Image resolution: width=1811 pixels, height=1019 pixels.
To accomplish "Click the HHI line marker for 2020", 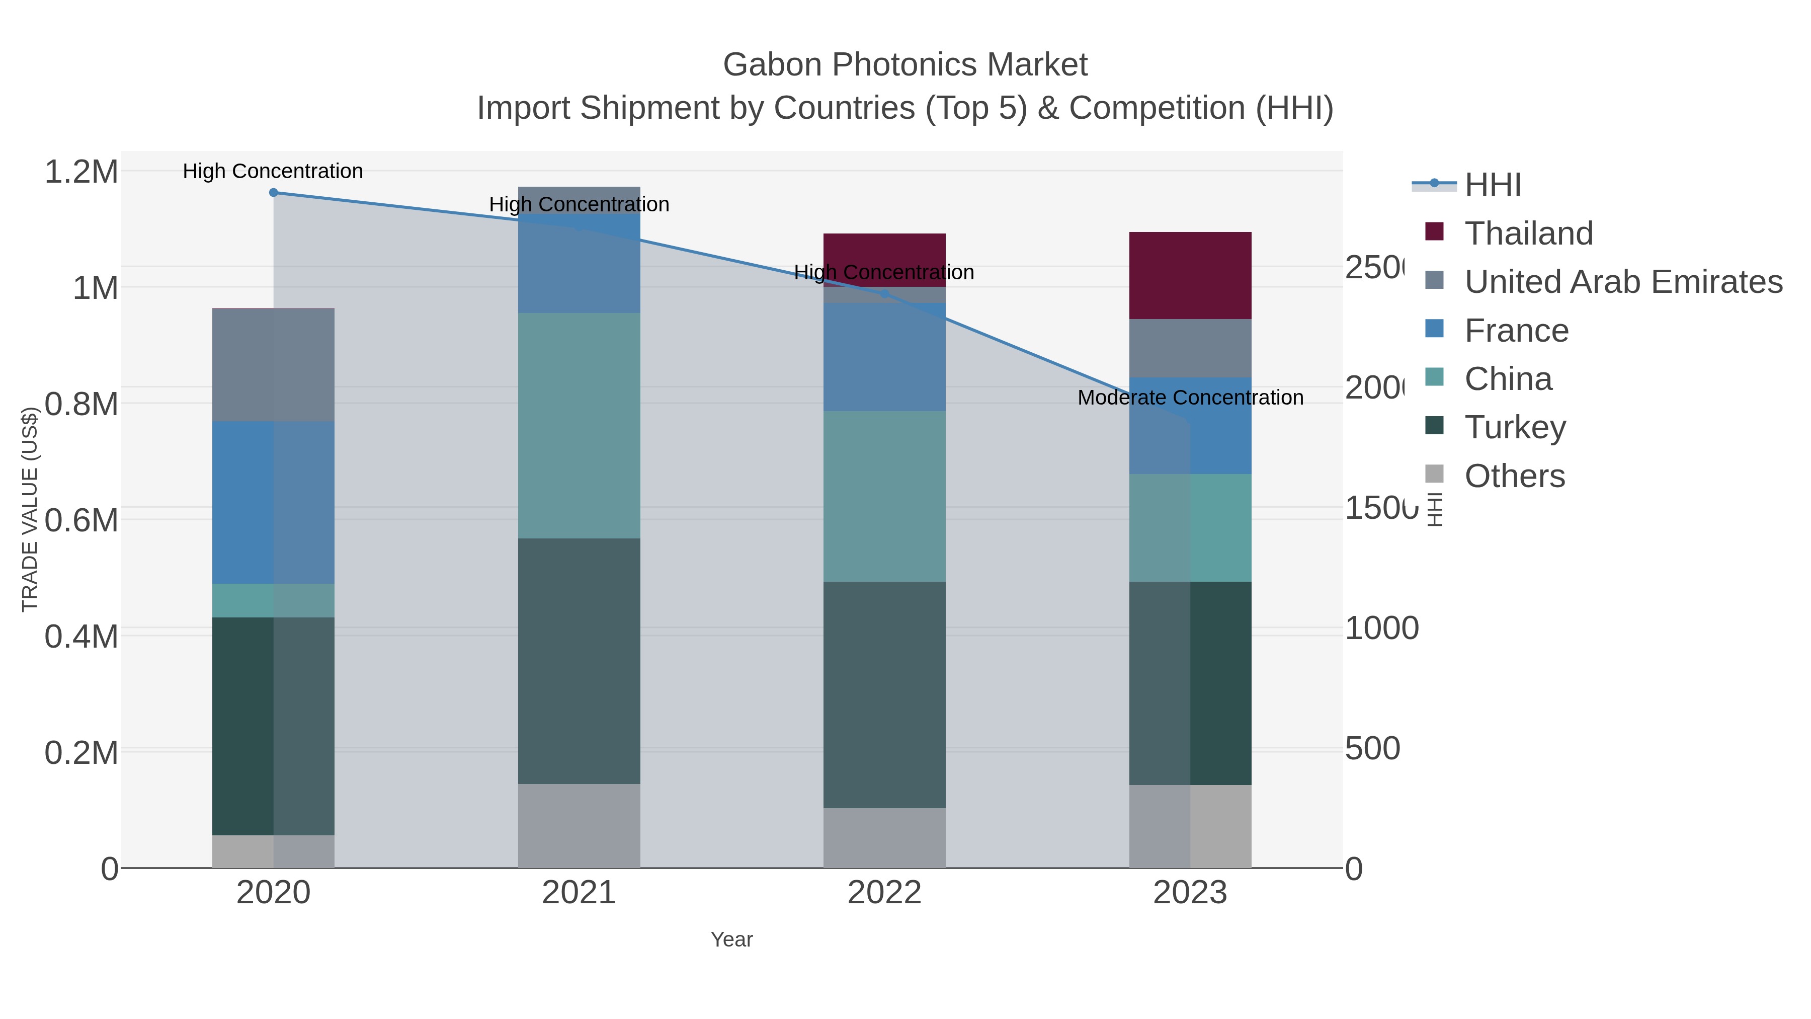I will [274, 192].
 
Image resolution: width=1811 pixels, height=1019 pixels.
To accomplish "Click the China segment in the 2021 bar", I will [579, 425].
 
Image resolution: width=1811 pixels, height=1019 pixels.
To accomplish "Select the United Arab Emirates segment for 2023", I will [1190, 348].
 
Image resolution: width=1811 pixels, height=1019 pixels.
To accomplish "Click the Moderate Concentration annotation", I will [1190, 398].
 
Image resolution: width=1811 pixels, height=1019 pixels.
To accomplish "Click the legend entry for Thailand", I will [1528, 233].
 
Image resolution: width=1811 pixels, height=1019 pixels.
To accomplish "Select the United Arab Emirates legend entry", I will [1622, 281].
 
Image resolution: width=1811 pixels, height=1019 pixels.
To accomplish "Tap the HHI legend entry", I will [1493, 184].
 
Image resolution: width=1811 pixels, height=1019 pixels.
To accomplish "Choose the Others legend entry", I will [1514, 476].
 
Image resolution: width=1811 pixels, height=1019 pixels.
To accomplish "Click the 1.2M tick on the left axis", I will [81, 172].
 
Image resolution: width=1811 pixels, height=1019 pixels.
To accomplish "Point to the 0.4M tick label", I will [81, 637].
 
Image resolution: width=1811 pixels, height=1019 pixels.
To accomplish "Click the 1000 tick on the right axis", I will [1381, 628].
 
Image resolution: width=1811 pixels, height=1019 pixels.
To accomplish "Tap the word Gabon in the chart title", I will [772, 65].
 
